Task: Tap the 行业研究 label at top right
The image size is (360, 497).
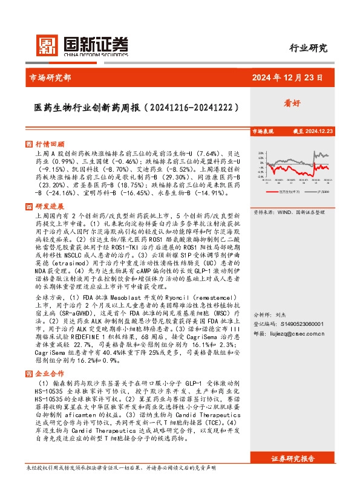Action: point(308,48)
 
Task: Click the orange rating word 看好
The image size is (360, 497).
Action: point(292,103)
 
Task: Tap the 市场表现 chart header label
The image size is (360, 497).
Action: point(263,131)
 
